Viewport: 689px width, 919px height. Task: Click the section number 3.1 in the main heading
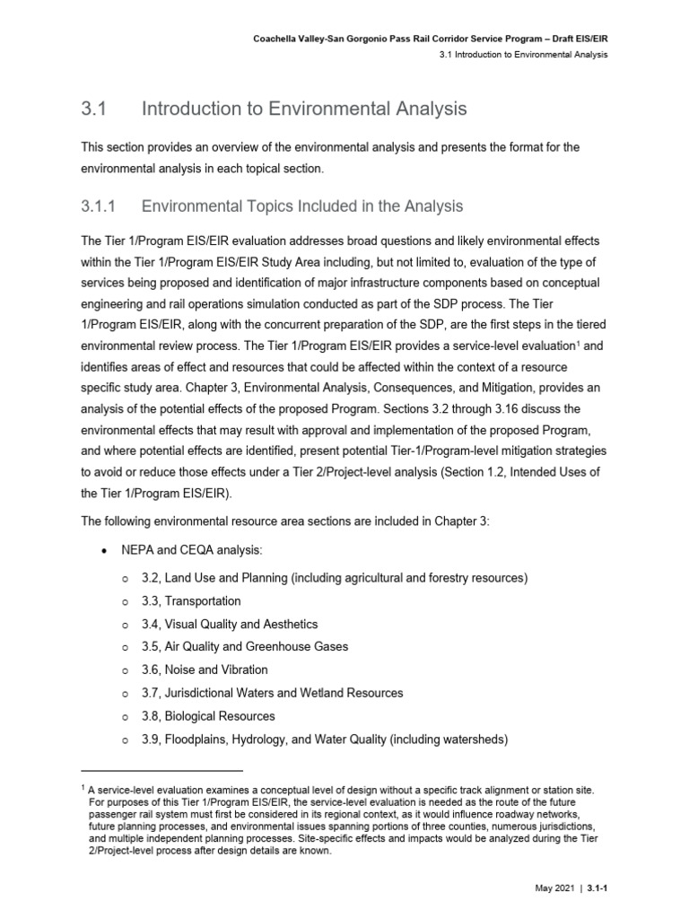94,109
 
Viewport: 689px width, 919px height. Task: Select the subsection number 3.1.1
100,206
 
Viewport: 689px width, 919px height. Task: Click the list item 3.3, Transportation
191,600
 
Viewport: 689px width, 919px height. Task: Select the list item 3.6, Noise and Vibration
205,670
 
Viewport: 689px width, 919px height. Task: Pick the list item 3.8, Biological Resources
208,716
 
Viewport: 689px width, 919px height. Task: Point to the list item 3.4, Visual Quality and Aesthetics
230,624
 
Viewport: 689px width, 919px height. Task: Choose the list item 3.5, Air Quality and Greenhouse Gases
245,647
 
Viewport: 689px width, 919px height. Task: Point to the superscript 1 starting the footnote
83,784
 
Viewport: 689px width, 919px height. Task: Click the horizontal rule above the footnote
161,770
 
